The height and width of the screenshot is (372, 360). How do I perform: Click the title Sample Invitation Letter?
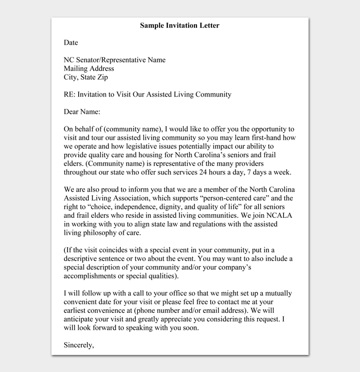179,26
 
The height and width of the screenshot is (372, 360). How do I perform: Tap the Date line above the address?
70,43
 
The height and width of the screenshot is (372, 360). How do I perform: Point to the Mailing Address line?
89,69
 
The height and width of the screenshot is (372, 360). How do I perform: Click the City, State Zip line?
86,78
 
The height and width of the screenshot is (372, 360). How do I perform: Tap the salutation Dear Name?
82,111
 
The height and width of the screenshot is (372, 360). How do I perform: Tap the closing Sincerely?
79,345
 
